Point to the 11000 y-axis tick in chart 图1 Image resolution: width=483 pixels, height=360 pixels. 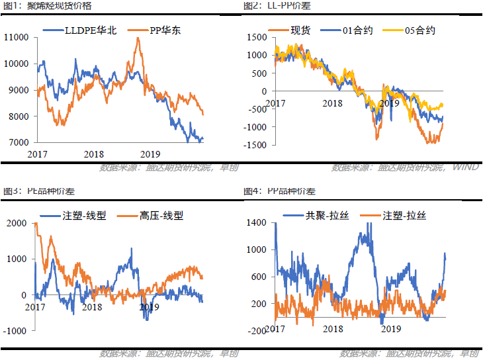(x=16, y=37)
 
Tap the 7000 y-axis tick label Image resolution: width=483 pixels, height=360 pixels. (x=18, y=142)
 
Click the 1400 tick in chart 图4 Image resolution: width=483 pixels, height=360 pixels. (x=257, y=223)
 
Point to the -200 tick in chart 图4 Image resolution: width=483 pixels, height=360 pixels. (x=256, y=330)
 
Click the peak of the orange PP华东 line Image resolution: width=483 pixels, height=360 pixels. (x=138, y=38)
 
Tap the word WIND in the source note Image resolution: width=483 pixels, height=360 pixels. (x=465, y=167)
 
